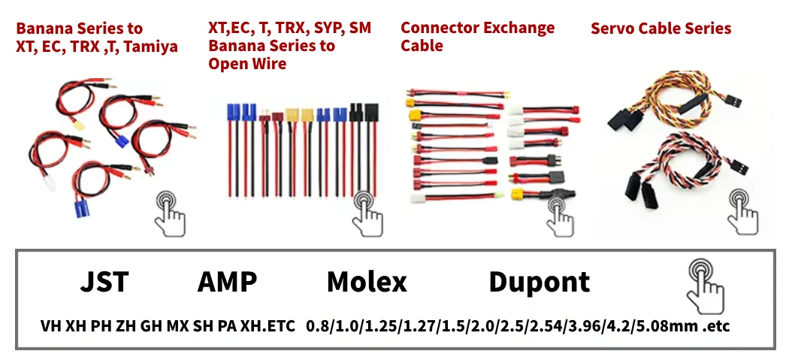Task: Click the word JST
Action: coord(104,283)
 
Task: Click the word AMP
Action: coord(227,283)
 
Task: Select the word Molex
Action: coord(367,283)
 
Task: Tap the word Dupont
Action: coord(539,283)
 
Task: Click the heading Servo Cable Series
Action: coord(661,29)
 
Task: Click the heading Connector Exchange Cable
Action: coord(477,37)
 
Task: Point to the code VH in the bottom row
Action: coord(51,327)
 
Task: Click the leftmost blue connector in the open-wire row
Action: coord(233,113)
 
